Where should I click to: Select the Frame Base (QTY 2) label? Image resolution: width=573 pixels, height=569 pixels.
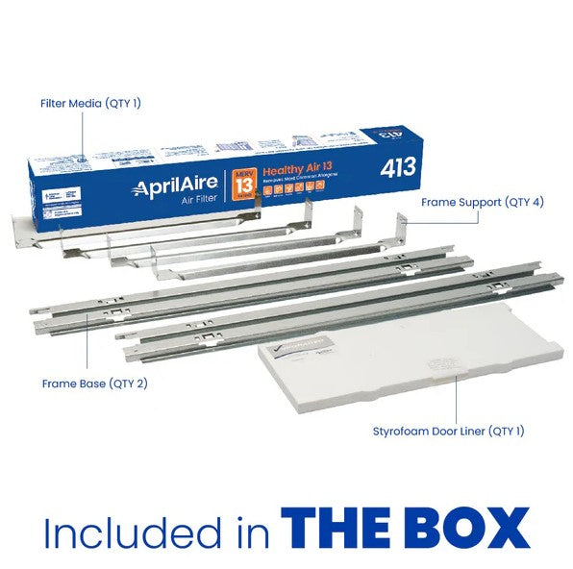click(x=87, y=383)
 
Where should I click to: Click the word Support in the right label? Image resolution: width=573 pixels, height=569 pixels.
click(x=485, y=203)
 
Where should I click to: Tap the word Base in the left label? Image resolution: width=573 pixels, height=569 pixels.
click(x=88, y=383)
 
